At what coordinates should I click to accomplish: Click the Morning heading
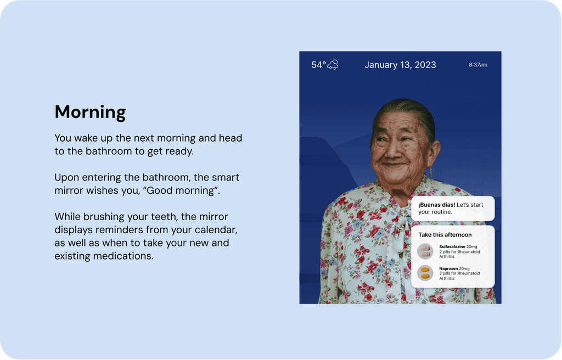(x=90, y=112)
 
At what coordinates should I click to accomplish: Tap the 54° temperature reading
(x=319, y=65)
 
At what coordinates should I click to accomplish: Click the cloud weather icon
(x=333, y=65)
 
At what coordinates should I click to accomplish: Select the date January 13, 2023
(x=400, y=65)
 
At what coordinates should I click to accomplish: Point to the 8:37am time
(x=478, y=65)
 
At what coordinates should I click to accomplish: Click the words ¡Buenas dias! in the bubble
(x=436, y=205)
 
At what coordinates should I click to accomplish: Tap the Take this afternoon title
(x=445, y=235)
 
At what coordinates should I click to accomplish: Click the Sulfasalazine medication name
(x=452, y=247)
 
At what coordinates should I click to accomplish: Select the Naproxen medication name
(x=448, y=268)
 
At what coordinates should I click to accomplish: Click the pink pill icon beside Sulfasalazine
(x=425, y=251)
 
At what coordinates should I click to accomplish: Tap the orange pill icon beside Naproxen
(x=425, y=273)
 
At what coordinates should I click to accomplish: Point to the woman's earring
(x=430, y=172)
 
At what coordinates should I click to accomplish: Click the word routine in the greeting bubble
(x=442, y=212)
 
